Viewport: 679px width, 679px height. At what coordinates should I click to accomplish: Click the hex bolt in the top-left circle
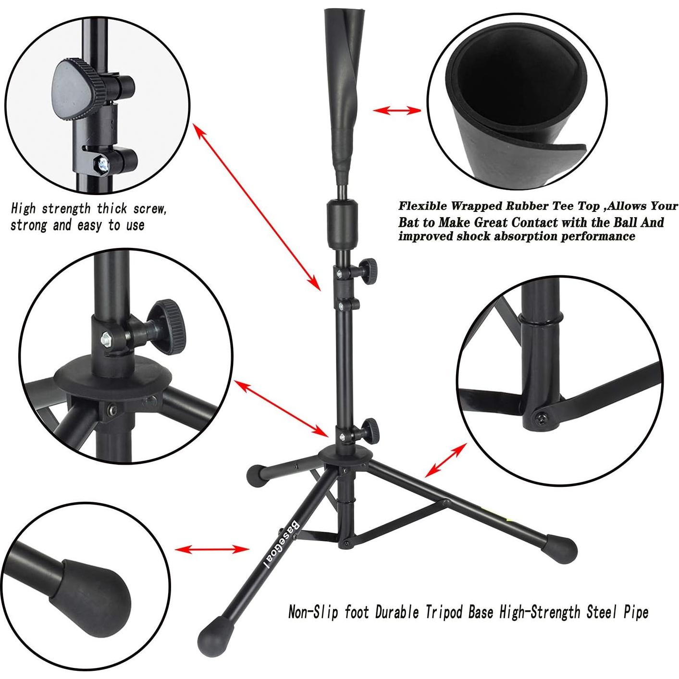click(x=102, y=164)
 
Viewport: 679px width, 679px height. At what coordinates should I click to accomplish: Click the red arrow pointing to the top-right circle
click(x=397, y=111)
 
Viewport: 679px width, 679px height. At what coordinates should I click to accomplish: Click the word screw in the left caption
click(x=148, y=209)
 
